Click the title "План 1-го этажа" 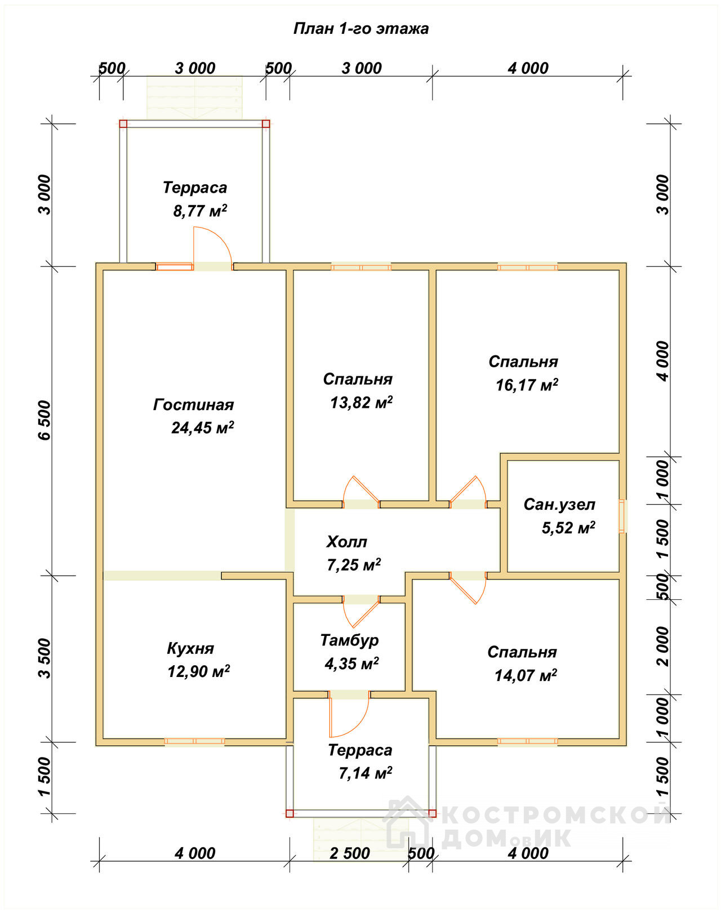tap(360, 29)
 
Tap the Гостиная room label tap(194, 405)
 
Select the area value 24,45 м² tap(202, 427)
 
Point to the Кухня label tap(190, 648)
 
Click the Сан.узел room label tap(559, 505)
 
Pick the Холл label tap(346, 542)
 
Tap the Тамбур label tap(349, 640)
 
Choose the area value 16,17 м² tap(527, 385)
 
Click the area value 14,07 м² tap(526, 675)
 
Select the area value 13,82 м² tap(361, 403)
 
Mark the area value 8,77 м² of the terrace tap(200, 211)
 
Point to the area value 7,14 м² tap(365, 773)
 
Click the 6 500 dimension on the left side tap(44, 420)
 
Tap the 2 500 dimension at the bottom tap(350, 853)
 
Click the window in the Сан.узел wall tap(622, 516)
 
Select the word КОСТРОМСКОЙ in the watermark tap(557, 816)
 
